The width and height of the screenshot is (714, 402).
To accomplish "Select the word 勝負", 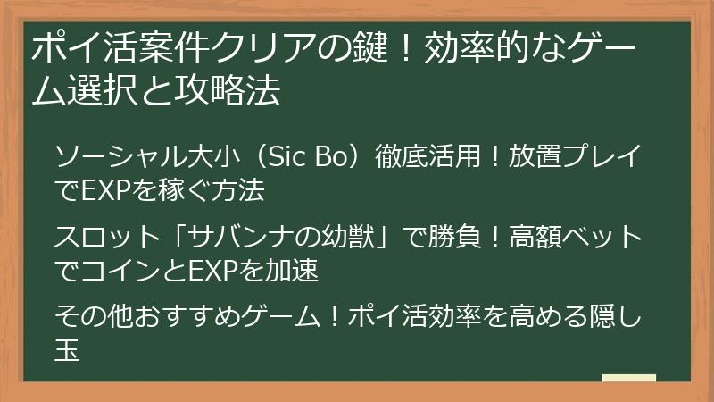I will (x=461, y=237).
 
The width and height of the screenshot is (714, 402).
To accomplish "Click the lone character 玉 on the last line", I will (x=68, y=346).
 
